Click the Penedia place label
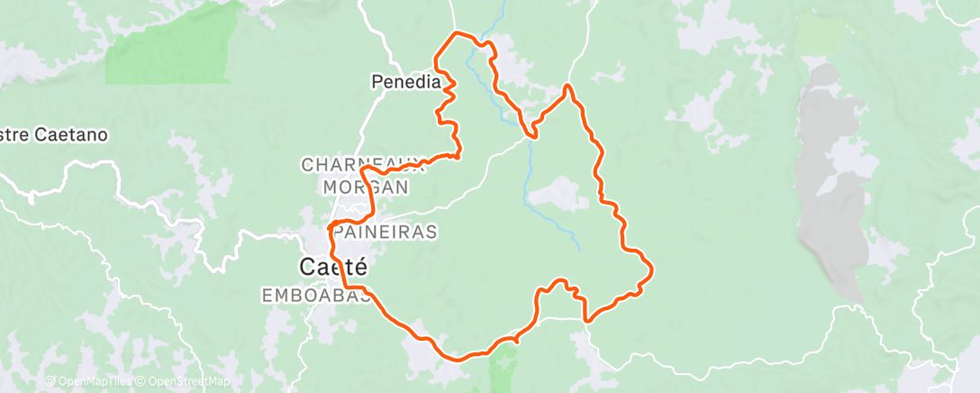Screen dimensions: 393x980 pos(406,82)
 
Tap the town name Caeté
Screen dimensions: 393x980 pos(332,267)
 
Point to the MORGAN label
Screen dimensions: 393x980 pos(365,187)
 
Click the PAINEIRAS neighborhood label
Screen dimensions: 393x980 pos(385,232)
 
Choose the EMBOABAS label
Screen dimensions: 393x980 pos(315,295)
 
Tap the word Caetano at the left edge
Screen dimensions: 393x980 pos(71,135)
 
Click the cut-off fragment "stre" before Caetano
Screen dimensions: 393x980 pos(14,135)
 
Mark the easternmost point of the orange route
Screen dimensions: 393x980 pos(652,268)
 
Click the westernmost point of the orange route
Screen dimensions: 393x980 pos(330,225)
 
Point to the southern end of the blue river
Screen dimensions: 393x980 pos(579,249)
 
